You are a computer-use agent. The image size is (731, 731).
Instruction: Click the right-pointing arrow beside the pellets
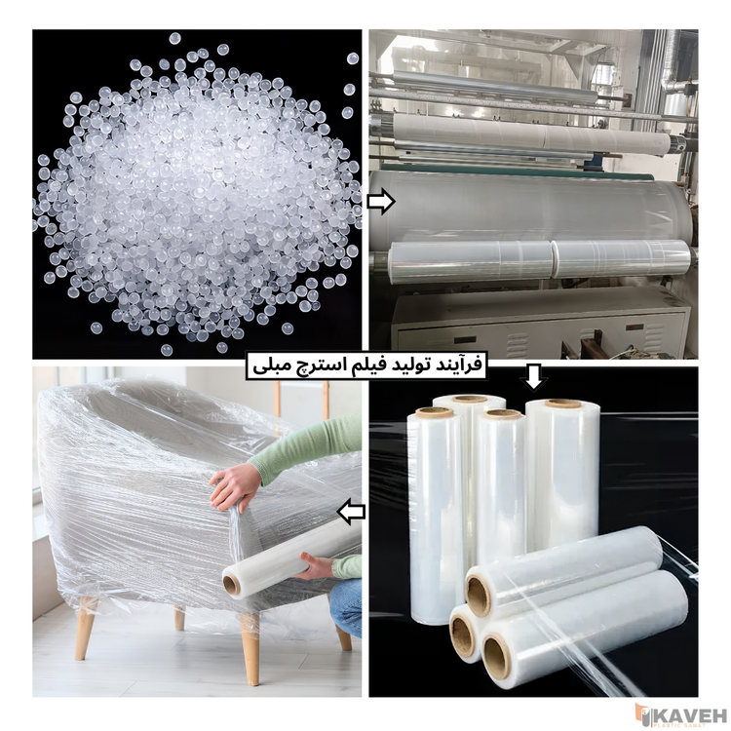click(382, 202)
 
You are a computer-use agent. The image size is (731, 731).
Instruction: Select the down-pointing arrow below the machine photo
click(534, 377)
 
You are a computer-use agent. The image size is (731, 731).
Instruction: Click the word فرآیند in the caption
click(450, 366)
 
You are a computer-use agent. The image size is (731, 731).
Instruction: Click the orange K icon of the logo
click(643, 712)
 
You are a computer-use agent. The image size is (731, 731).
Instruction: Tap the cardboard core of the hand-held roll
click(232, 584)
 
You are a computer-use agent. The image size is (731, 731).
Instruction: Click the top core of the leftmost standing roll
click(435, 411)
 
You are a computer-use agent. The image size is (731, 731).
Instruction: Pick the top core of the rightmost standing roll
click(562, 404)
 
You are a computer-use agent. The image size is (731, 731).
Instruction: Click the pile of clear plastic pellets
click(195, 195)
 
